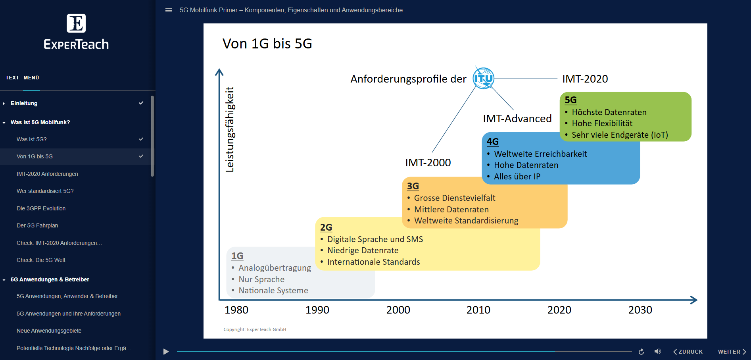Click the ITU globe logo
[x=483, y=78]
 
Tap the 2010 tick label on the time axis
[x=478, y=310]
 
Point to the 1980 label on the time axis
[x=236, y=310]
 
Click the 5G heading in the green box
[x=570, y=100]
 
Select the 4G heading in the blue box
[x=492, y=142]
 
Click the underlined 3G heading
[x=413, y=186]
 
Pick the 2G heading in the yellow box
[x=326, y=227]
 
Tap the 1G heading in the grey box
[x=237, y=256]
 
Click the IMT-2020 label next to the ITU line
[x=585, y=79]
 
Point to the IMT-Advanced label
[x=517, y=119]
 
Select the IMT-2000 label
[x=428, y=163]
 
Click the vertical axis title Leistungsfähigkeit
[x=230, y=129]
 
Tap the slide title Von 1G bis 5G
[x=267, y=44]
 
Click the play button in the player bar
[x=166, y=352]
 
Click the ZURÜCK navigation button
[x=688, y=352]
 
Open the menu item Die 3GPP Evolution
[x=41, y=208]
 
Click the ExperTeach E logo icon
[x=76, y=23]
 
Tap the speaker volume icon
[x=657, y=352]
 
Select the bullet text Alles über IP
[x=517, y=177]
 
